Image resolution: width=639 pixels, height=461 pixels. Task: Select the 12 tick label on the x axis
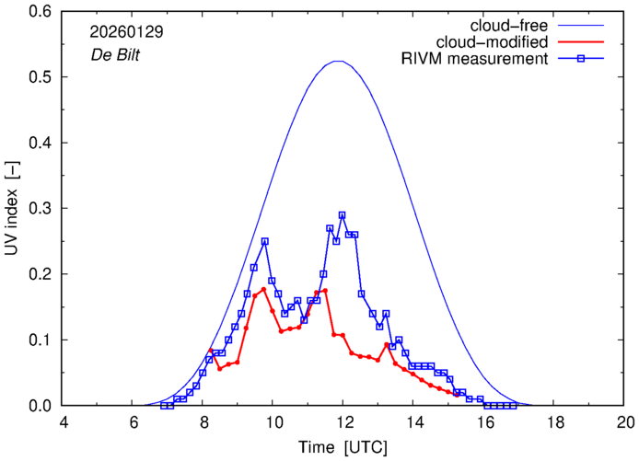pos(344,422)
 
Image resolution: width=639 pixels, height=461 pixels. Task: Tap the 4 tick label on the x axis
pos(64,422)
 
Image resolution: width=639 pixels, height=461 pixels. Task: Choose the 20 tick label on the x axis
pos(625,422)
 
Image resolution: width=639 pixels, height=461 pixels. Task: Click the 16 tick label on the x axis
pos(484,422)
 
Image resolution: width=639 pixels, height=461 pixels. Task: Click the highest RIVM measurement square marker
pos(343,215)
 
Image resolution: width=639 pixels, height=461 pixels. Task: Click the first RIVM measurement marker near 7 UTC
pos(164,406)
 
